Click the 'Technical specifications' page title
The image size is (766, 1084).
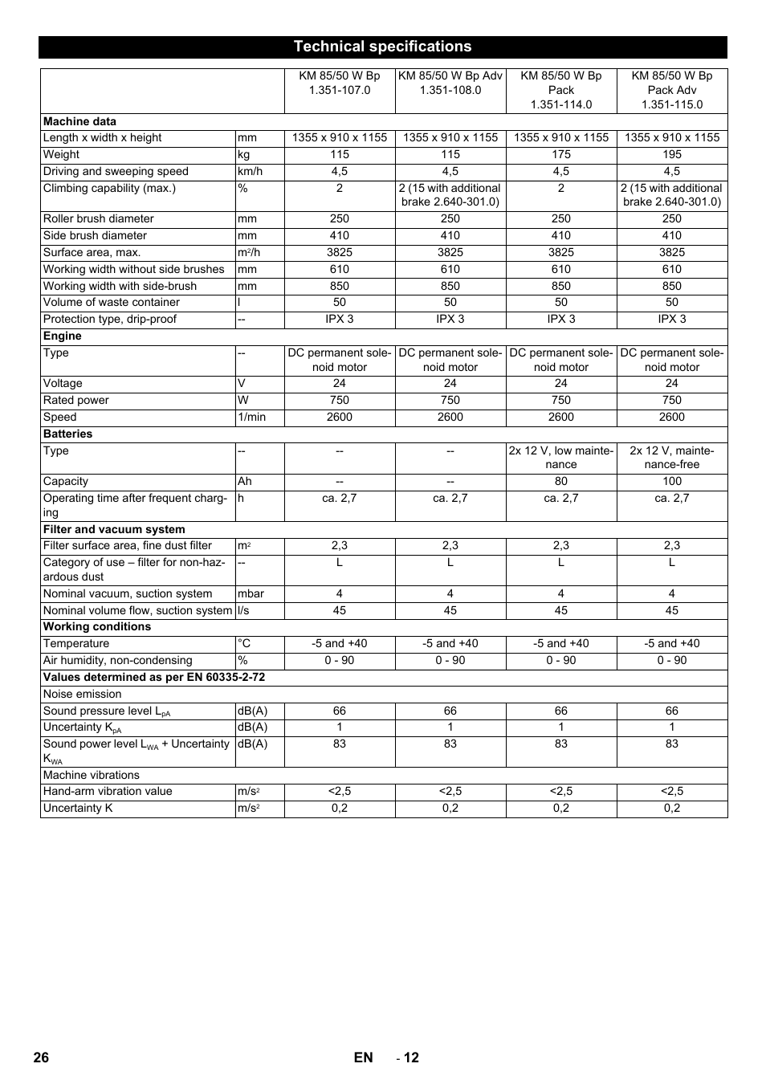[382, 47]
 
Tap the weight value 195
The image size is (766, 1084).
[671, 154]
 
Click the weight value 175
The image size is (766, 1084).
[560, 154]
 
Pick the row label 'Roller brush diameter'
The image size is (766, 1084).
[99, 218]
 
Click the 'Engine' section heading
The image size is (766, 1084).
[63, 336]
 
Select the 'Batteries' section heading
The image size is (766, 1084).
[67, 434]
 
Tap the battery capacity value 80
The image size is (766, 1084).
[560, 481]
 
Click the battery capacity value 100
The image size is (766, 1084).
[671, 481]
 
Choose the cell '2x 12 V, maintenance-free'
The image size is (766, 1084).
[671, 458]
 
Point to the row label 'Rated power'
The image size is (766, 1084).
[76, 400]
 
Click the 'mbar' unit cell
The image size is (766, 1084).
[251, 593]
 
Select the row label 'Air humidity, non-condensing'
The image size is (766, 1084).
[118, 660]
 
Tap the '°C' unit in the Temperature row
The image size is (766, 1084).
[244, 643]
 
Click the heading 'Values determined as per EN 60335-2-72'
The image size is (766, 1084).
[154, 677]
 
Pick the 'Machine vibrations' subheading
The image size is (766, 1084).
[92, 775]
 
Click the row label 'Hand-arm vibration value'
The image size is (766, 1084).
[108, 791]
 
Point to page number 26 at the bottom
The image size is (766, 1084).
[41, 1058]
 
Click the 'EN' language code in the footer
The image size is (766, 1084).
[363, 1058]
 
